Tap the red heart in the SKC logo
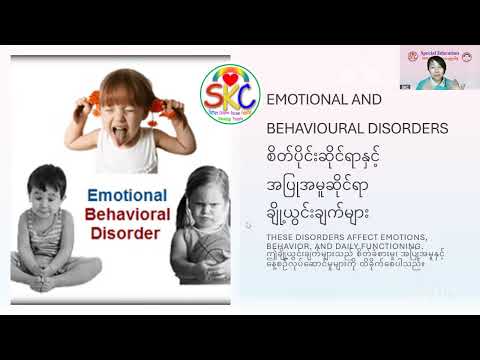230,78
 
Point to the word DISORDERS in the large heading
412,130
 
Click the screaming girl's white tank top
128,152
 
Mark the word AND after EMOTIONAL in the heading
369,100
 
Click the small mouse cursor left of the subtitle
249,225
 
